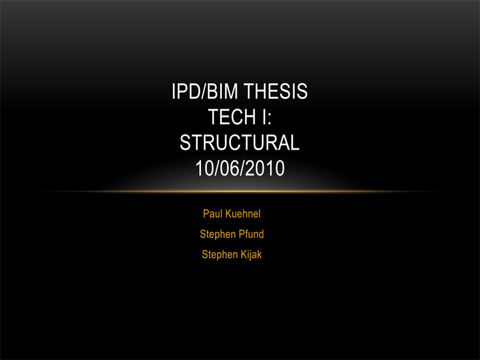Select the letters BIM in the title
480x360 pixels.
pos(222,91)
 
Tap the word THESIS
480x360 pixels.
pos(275,91)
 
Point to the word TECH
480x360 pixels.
pos(232,117)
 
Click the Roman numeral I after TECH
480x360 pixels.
pos(264,117)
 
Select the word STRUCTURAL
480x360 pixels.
pos(240,143)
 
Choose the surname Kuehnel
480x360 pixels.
pos(243,214)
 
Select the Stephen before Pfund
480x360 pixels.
pos(218,234)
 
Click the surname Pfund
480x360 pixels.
pos(252,234)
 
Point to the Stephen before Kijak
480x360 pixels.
pos(220,254)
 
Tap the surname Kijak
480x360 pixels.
pos(252,254)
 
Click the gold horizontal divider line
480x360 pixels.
pos(240,192)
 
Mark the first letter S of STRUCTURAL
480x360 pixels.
pos(185,143)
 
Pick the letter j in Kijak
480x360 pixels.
pos(252,255)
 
